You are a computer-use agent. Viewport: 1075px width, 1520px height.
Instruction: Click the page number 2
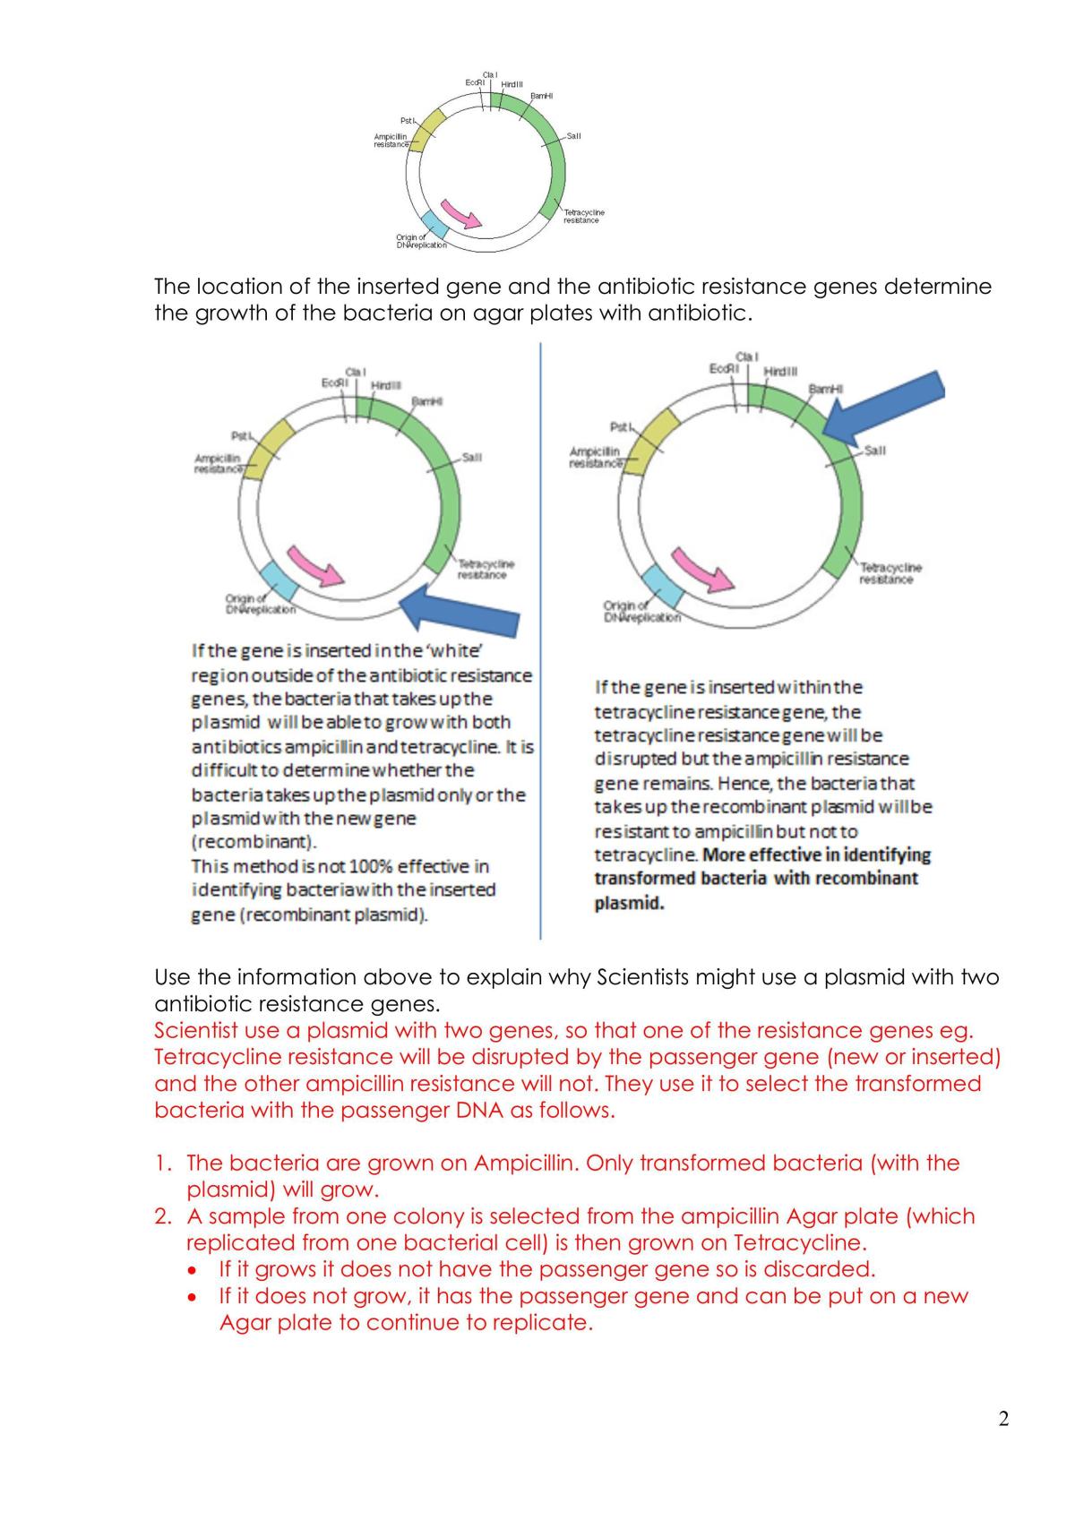click(1003, 1419)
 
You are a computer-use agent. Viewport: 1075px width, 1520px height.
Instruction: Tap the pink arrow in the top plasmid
click(460, 214)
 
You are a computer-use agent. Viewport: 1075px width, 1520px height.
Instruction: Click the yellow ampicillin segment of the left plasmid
click(268, 450)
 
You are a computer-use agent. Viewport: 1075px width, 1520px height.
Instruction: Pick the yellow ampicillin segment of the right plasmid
click(651, 442)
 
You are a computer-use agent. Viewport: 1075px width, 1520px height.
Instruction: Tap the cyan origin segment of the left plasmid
click(279, 580)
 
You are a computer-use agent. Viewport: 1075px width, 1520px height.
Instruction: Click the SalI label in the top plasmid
click(573, 136)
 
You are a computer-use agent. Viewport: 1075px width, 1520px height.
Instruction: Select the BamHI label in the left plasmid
click(427, 401)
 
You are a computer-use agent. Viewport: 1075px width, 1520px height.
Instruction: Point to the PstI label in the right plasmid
click(621, 427)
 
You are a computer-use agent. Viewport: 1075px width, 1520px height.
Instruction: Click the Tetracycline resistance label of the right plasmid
click(890, 573)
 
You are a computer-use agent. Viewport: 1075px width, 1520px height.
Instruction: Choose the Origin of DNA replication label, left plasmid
click(261, 604)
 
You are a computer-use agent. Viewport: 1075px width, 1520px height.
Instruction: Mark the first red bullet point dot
click(193, 1270)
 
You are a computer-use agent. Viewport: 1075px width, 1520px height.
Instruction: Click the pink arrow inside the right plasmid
click(702, 570)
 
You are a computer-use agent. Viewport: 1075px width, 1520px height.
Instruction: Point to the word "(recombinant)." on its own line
click(254, 842)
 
